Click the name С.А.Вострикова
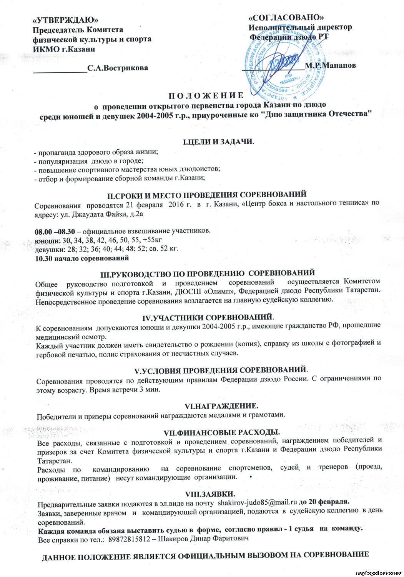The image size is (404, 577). [x=118, y=68]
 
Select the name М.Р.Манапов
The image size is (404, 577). [x=330, y=65]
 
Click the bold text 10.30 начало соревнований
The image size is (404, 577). [x=82, y=258]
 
